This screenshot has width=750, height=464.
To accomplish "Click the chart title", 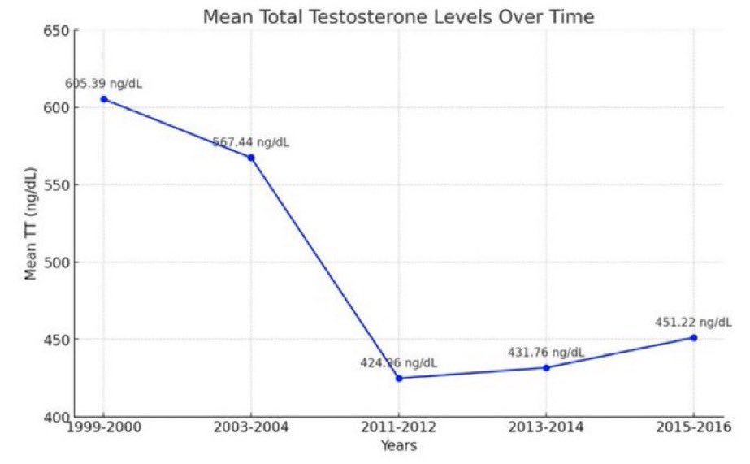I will point(398,16).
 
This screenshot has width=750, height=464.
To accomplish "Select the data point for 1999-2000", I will point(103,99).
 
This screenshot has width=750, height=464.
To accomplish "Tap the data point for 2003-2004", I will point(251,158).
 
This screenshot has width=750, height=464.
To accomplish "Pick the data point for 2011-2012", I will point(399,378).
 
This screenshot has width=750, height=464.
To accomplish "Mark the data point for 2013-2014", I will point(546,367).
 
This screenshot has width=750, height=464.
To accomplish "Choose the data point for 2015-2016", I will point(694,337).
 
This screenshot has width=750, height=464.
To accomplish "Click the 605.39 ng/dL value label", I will point(104,84).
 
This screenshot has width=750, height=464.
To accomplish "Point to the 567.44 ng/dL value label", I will point(251,142).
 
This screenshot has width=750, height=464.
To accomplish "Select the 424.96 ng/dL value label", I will point(399,362).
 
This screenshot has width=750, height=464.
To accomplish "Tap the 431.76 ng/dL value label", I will point(546,352).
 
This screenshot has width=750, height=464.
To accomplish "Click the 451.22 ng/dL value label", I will point(694,322).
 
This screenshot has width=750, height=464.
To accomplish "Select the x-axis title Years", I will point(398,445).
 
